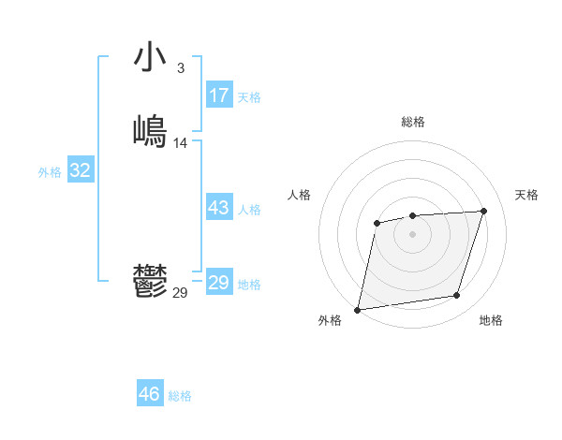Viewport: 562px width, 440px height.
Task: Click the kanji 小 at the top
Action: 150,57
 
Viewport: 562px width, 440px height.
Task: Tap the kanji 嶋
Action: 150,131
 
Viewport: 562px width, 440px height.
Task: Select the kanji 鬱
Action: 150,281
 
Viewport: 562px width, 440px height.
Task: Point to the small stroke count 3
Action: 180,68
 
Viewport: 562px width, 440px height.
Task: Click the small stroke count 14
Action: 181,143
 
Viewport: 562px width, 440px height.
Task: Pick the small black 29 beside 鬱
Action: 180,293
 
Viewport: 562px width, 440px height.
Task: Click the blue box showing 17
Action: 219,95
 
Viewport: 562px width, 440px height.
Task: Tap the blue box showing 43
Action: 219,208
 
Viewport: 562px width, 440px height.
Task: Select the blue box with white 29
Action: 219,283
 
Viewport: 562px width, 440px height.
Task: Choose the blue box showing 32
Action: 81,170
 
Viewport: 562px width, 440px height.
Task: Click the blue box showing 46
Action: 150,394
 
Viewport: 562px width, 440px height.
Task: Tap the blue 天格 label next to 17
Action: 249,97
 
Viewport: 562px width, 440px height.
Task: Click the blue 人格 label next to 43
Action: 249,210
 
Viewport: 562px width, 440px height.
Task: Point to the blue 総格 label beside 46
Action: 180,396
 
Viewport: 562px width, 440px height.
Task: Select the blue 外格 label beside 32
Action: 50,172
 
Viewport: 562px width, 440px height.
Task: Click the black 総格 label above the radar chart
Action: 413,122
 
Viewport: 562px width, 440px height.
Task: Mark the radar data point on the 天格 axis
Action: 483,211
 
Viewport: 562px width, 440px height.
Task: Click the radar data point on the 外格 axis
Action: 358,309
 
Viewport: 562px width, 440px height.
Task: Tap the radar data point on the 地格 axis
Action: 457,296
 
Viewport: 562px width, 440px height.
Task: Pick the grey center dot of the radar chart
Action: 412,233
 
